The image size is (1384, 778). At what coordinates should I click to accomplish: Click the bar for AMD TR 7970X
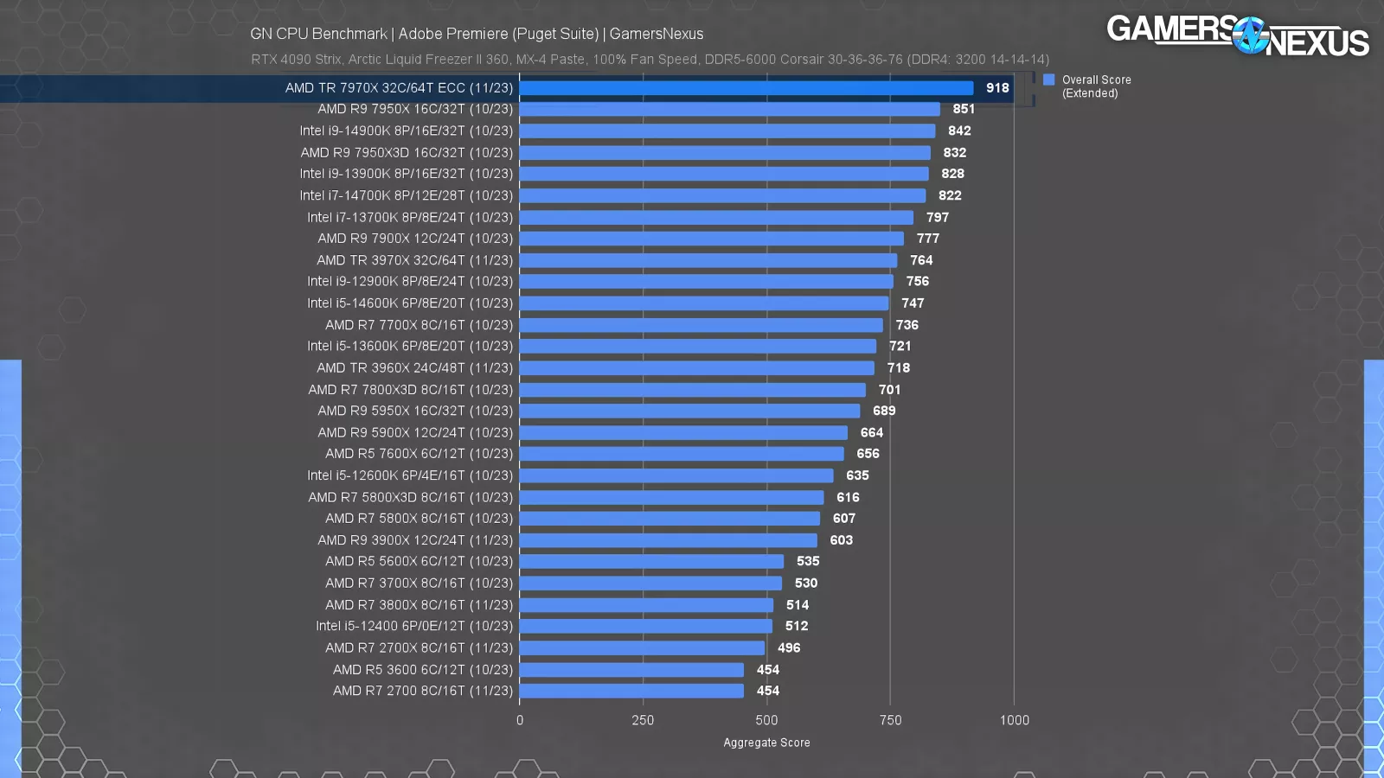[746, 88]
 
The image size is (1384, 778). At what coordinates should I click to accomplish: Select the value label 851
[964, 109]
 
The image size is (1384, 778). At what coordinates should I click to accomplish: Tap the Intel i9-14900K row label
[407, 131]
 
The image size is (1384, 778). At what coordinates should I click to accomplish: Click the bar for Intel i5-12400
[645, 626]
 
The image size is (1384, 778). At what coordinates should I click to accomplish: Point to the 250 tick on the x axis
[643, 720]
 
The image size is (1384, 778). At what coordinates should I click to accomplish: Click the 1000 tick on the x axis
[1014, 720]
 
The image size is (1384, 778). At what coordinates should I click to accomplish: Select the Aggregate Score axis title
[766, 743]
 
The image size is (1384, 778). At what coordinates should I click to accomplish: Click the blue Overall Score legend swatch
[1049, 80]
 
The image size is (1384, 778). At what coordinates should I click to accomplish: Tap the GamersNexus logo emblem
[1250, 35]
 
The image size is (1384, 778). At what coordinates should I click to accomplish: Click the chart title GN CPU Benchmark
[318, 34]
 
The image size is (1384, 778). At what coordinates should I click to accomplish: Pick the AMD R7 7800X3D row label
[411, 390]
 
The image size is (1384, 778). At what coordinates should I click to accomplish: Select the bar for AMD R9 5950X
[689, 411]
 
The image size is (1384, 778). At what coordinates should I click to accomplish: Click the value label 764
[921, 260]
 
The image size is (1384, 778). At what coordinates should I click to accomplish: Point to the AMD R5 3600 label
[423, 670]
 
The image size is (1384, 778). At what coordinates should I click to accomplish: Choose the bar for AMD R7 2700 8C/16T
[631, 691]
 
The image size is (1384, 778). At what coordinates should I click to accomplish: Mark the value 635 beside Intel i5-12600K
[857, 475]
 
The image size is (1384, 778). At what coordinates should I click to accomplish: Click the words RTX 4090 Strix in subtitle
[296, 60]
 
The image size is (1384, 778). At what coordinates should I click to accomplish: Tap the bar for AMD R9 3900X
[668, 540]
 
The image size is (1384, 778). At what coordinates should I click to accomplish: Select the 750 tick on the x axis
[890, 720]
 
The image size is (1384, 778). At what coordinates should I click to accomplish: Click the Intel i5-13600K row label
[410, 346]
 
